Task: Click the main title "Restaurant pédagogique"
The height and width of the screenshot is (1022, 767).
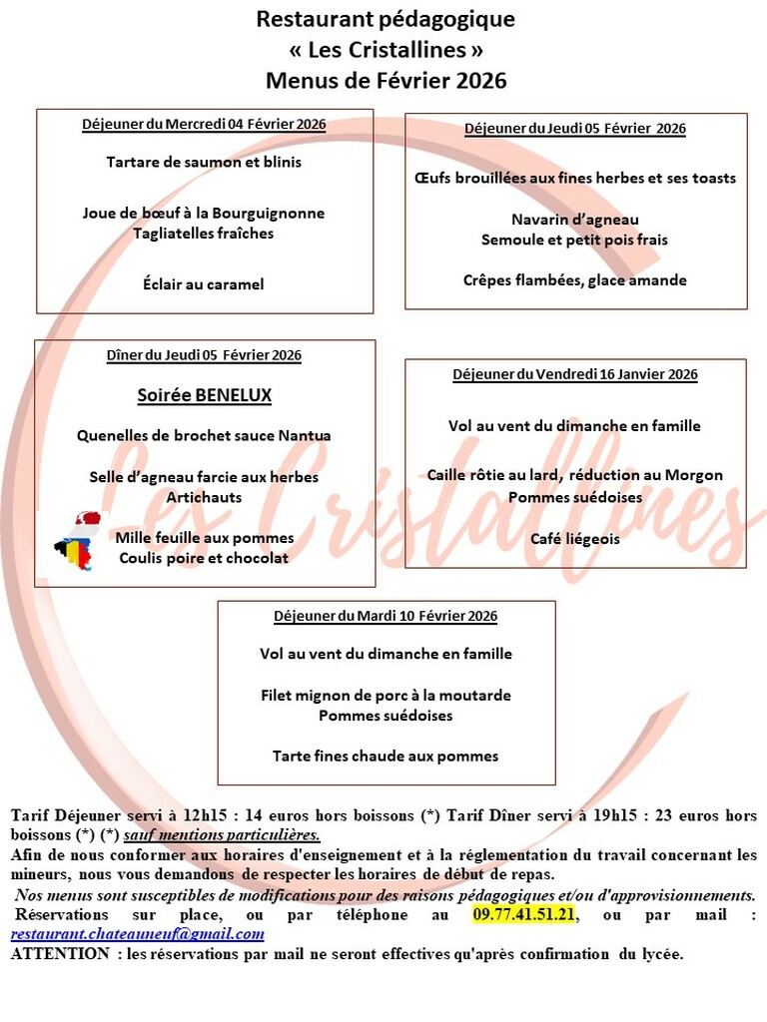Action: coord(385,19)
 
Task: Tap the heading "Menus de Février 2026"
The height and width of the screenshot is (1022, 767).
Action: coord(385,80)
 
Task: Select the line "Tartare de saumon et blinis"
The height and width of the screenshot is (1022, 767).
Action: coord(204,162)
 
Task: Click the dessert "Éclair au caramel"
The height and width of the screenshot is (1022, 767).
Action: coord(204,284)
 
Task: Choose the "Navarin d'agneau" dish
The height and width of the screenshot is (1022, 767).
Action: coord(574,220)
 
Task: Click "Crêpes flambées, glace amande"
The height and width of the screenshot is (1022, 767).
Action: coord(574,280)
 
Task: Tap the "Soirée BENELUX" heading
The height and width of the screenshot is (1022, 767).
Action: coord(204,395)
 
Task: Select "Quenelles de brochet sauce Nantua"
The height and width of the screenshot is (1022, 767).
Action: coord(204,436)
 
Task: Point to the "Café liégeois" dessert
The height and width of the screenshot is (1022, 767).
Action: coord(574,539)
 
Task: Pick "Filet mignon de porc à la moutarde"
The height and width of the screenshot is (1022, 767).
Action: coord(385,695)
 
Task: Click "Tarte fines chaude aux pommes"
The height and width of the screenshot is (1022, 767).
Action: coord(385,757)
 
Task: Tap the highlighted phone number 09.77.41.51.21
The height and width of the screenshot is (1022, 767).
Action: coord(523,914)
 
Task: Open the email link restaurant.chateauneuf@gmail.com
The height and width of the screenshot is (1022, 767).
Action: coord(138,934)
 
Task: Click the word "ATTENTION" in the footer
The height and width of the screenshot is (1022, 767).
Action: coord(59,953)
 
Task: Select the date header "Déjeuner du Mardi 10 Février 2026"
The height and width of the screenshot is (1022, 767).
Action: coord(385,616)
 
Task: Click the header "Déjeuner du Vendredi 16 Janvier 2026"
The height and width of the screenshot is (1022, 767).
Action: coord(574,374)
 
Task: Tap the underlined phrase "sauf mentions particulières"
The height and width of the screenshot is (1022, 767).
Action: coord(222,834)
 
